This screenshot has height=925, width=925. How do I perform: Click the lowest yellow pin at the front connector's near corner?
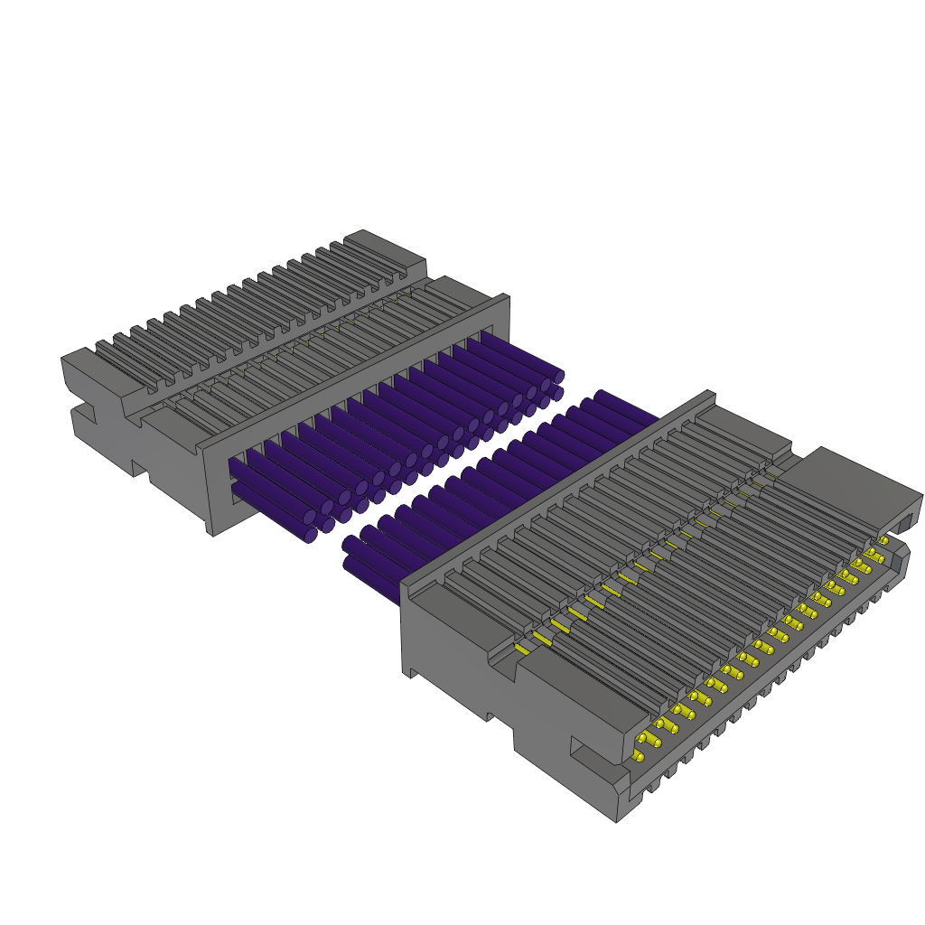(639, 757)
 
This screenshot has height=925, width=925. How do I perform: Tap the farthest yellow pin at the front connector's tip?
(883, 540)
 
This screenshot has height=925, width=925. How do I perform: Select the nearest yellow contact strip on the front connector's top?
(521, 649)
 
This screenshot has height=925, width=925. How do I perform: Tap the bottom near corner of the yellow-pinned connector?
(617, 818)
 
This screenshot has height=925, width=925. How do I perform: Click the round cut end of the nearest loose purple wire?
(350, 545)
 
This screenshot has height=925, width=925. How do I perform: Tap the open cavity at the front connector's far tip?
(904, 521)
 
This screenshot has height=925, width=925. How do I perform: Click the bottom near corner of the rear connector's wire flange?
(213, 532)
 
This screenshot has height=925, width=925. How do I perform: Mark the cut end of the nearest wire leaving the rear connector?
(310, 535)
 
